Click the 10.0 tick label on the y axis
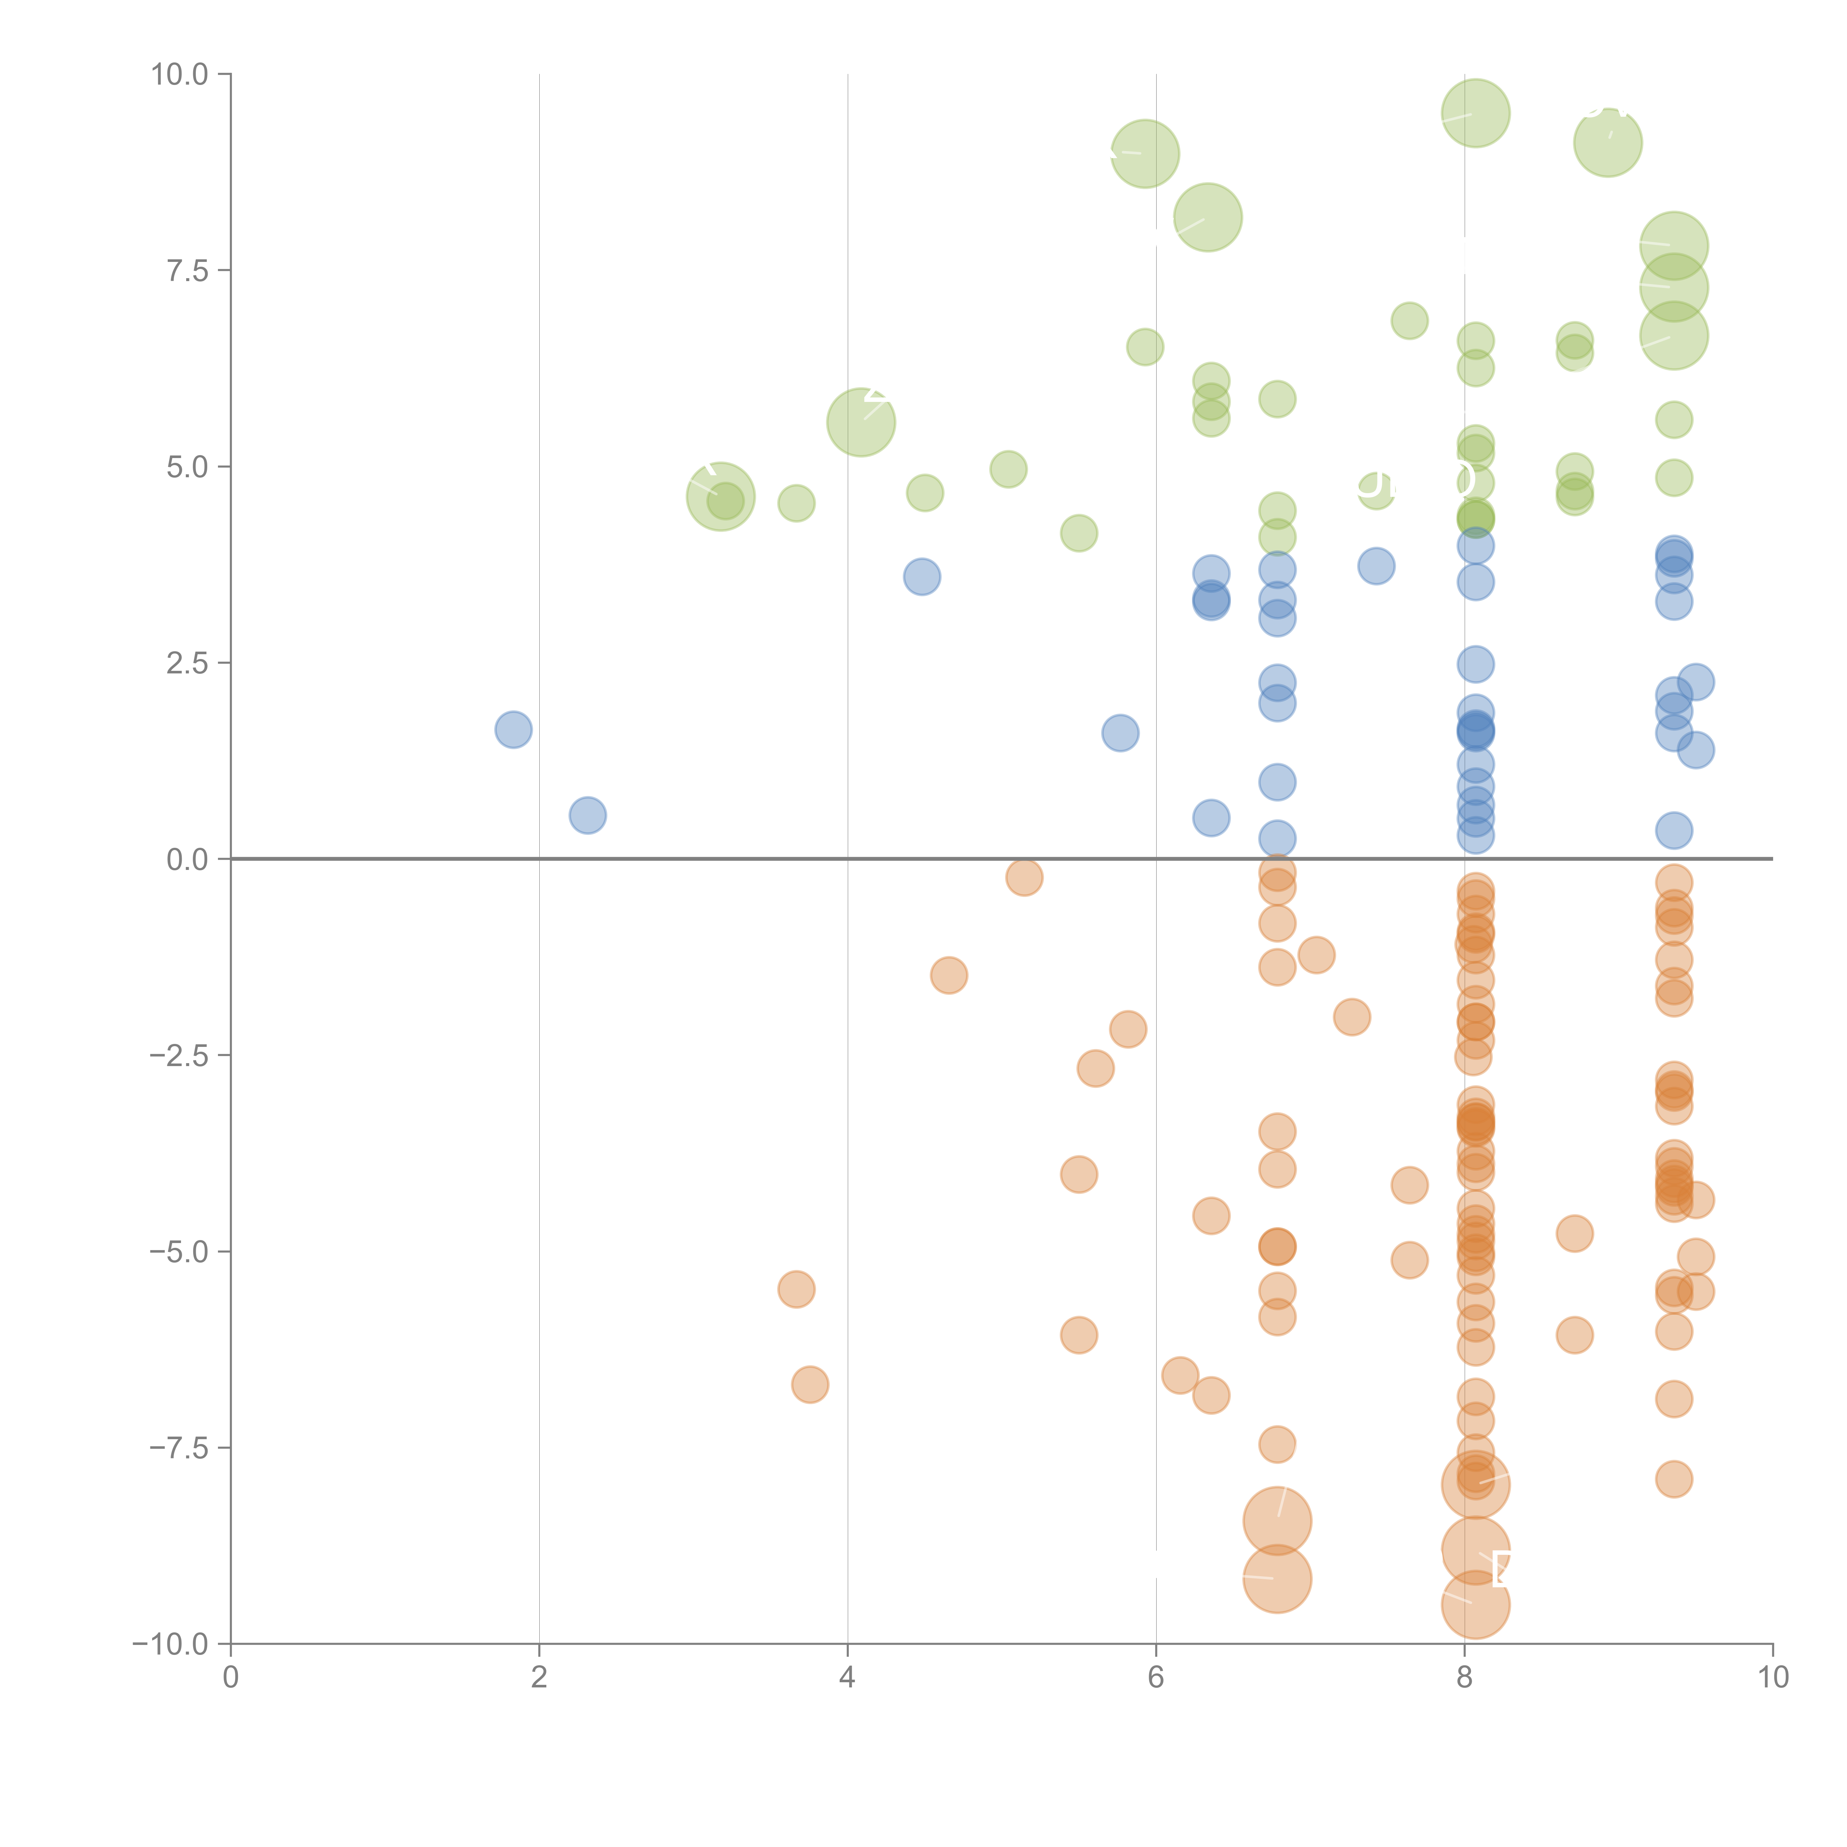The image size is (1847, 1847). [x=180, y=75]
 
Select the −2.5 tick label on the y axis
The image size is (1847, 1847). [x=180, y=1055]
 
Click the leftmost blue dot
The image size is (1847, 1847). [x=513, y=730]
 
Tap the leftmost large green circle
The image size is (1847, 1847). [x=721, y=496]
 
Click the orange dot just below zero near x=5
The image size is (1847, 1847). [x=1024, y=877]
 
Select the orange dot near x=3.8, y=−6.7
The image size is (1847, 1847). [x=810, y=1384]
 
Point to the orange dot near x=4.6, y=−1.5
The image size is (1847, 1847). [x=948, y=975]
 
